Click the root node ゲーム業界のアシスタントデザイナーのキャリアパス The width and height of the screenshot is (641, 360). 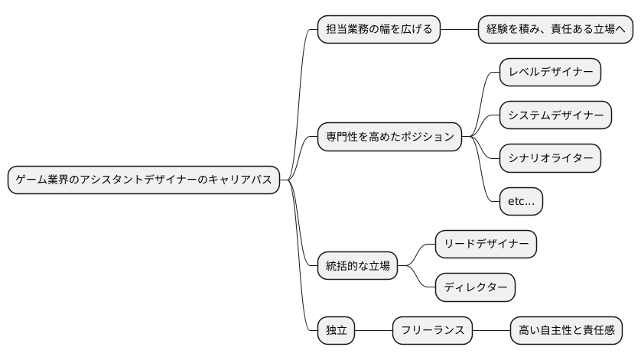click(144, 180)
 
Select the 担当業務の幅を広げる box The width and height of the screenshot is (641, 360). click(379, 30)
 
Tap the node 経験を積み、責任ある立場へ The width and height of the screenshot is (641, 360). click(556, 30)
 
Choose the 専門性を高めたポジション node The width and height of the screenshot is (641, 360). click(390, 138)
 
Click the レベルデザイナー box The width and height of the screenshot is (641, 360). click(550, 73)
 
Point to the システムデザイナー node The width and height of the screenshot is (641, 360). click(555, 115)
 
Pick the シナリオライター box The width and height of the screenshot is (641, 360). click(550, 158)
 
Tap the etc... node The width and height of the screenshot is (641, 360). click(520, 202)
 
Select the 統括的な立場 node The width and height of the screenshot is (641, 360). click(357, 266)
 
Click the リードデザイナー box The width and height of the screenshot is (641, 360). click(486, 245)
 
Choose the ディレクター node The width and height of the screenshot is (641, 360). click(475, 287)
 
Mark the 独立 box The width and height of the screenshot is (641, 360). click(337, 331)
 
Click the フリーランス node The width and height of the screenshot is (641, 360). click(433, 331)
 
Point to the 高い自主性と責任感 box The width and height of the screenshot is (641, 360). click(566, 331)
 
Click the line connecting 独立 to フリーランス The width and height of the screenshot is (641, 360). click(374, 331)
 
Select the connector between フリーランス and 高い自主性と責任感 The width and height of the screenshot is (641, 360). click(491, 331)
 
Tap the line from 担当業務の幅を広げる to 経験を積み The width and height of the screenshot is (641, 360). click(459, 30)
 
